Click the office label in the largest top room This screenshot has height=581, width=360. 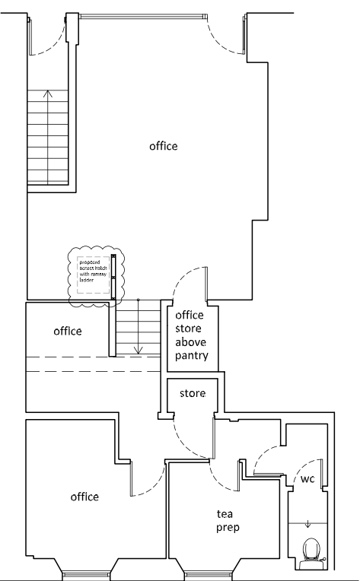[163, 146]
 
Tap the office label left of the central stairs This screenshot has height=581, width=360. [68, 332]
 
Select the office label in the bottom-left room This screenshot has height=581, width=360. [84, 497]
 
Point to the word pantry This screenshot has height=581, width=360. [192, 356]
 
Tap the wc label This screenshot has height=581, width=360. [305, 480]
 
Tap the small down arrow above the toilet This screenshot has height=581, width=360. [307, 524]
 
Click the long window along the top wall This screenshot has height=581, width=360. [143, 15]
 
